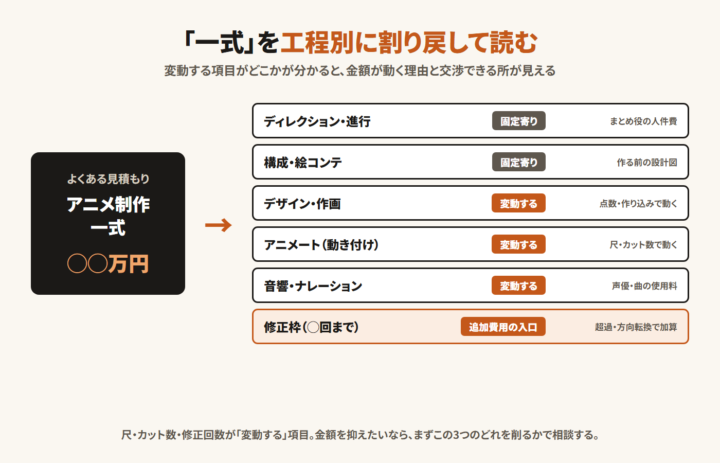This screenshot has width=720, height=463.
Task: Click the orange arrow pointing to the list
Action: (218, 225)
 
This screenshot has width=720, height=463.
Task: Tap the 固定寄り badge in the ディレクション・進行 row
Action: (518, 121)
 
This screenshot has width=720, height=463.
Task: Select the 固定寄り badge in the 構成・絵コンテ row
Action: (518, 162)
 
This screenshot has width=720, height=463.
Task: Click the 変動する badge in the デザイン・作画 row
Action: (518, 203)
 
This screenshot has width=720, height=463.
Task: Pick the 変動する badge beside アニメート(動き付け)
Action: (518, 244)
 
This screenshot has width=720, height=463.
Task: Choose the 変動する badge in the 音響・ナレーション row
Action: (518, 286)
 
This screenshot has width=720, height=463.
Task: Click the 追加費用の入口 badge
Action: (503, 327)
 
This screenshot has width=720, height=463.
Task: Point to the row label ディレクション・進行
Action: (317, 121)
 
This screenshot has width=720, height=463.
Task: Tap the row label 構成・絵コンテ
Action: (303, 163)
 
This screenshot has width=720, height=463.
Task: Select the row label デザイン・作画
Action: (302, 204)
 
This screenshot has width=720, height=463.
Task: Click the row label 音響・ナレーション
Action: (313, 286)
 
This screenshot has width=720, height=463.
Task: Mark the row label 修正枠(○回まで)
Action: (311, 327)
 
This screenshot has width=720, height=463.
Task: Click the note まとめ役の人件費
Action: (643, 121)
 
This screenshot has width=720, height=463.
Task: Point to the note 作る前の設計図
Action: (647, 163)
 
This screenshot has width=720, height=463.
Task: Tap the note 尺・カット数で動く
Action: (643, 245)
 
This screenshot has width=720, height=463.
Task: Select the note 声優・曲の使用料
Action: (644, 286)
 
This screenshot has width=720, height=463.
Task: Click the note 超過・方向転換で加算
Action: (636, 327)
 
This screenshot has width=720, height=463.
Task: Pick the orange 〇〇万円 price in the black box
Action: (108, 263)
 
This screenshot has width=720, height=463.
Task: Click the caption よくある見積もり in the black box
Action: (108, 179)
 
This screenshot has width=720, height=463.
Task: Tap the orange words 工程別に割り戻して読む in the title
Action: (409, 42)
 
